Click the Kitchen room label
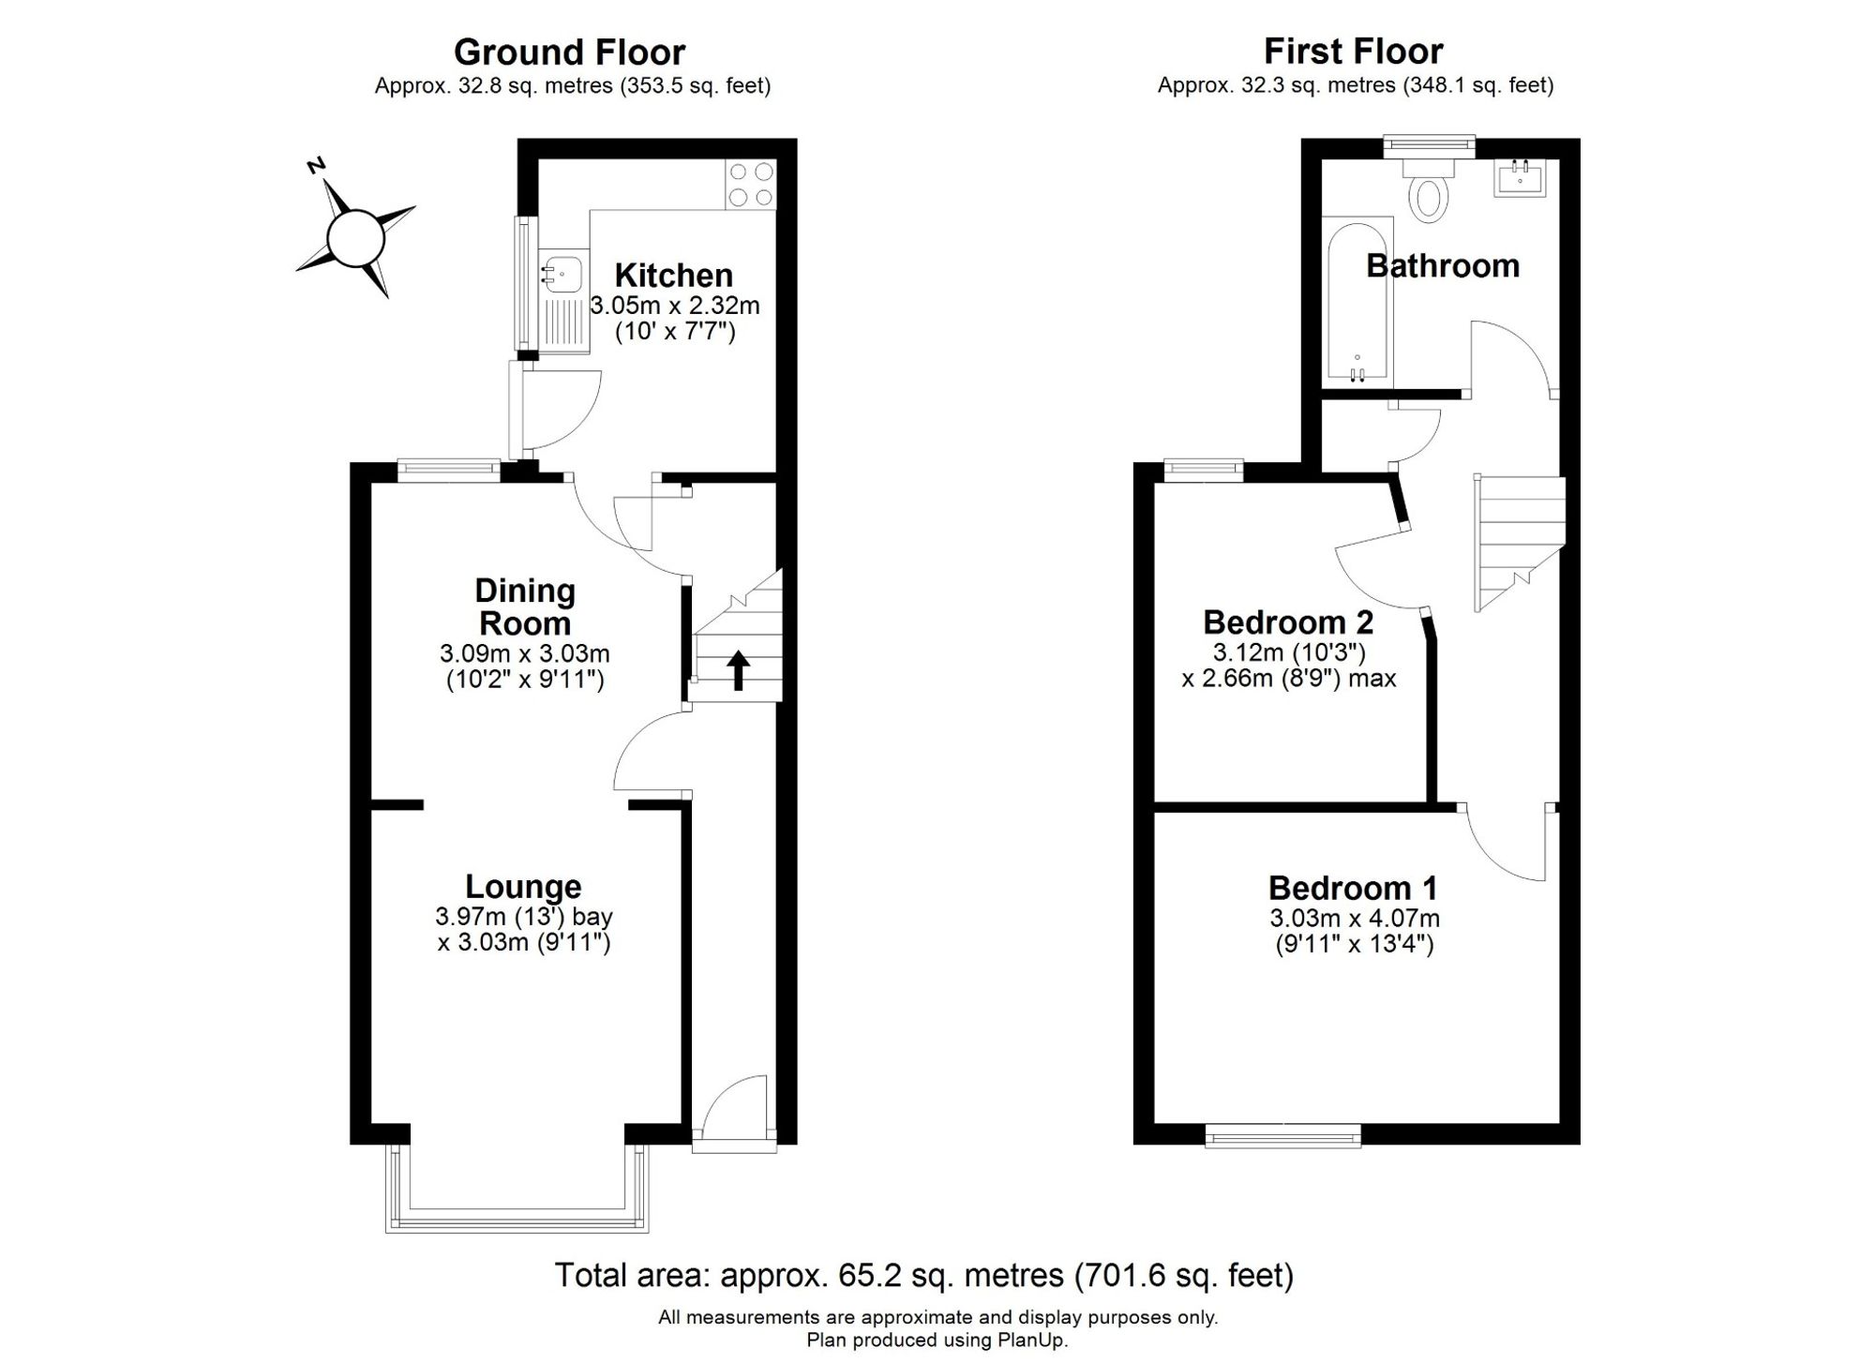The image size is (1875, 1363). click(673, 276)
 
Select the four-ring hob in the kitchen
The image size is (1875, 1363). click(751, 184)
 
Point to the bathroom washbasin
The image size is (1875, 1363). click(1519, 178)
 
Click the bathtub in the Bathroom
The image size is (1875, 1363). click(1357, 301)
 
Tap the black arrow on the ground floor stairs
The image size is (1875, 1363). click(739, 670)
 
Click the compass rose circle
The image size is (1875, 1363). click(355, 238)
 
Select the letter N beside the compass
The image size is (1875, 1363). click(316, 167)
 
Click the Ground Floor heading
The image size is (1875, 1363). click(569, 52)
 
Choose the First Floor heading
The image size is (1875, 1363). click(1354, 51)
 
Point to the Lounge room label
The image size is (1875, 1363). click(523, 886)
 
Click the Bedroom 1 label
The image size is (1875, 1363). click(1353, 887)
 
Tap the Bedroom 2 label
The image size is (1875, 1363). click(1288, 622)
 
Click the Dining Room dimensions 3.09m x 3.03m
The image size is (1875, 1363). click(524, 653)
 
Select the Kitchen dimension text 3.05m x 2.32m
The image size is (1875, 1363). click(674, 306)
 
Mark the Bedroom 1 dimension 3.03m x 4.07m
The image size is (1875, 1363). click(1355, 919)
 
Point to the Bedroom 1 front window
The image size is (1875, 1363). click(1282, 1136)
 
